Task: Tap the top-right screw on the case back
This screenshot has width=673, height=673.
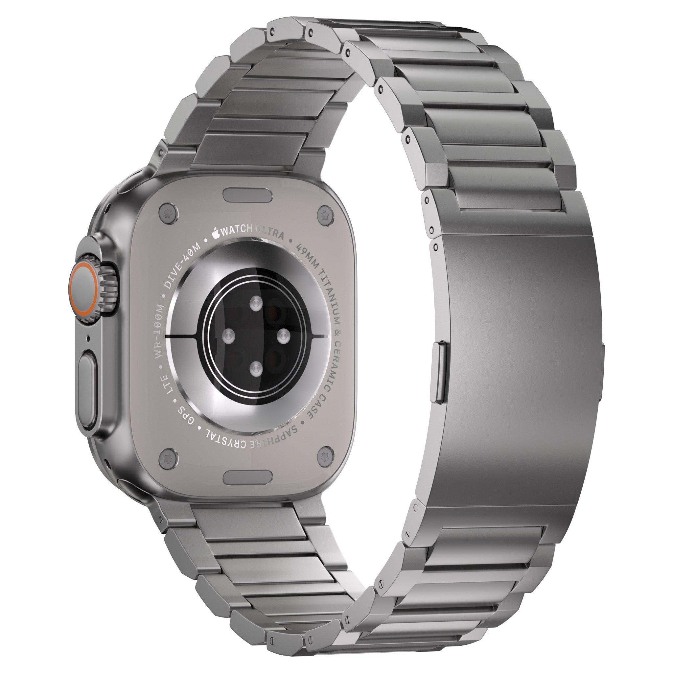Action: click(x=326, y=212)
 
